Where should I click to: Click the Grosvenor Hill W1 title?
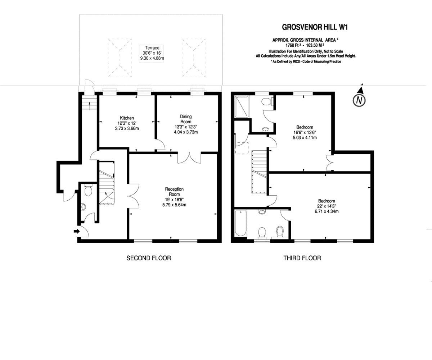coord(316,27)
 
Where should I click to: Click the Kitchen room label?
coord(127,123)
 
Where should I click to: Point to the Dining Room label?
coord(186,124)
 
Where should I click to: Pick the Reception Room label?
coord(174,197)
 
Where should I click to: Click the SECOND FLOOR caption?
coord(148,258)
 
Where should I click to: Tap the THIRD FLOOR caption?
coord(302,258)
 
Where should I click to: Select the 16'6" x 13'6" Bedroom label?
coord(305,132)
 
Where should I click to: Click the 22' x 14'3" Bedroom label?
coord(326,206)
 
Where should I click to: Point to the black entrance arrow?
coord(76,231)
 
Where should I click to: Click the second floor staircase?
coord(107,184)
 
